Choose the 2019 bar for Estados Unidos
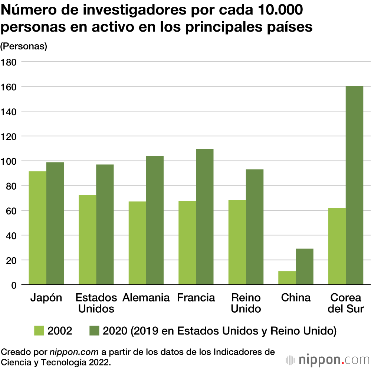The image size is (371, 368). pos(105,225)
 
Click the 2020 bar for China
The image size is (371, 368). pos(305,267)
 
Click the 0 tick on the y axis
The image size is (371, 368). pos(14,285)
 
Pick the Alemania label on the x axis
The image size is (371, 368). pos(146,298)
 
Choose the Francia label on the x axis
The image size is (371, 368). pos(196,298)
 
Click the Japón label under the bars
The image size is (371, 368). pos(46,298)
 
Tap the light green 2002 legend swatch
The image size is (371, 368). pos(39,330)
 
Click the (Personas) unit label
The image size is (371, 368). pos(24,46)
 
